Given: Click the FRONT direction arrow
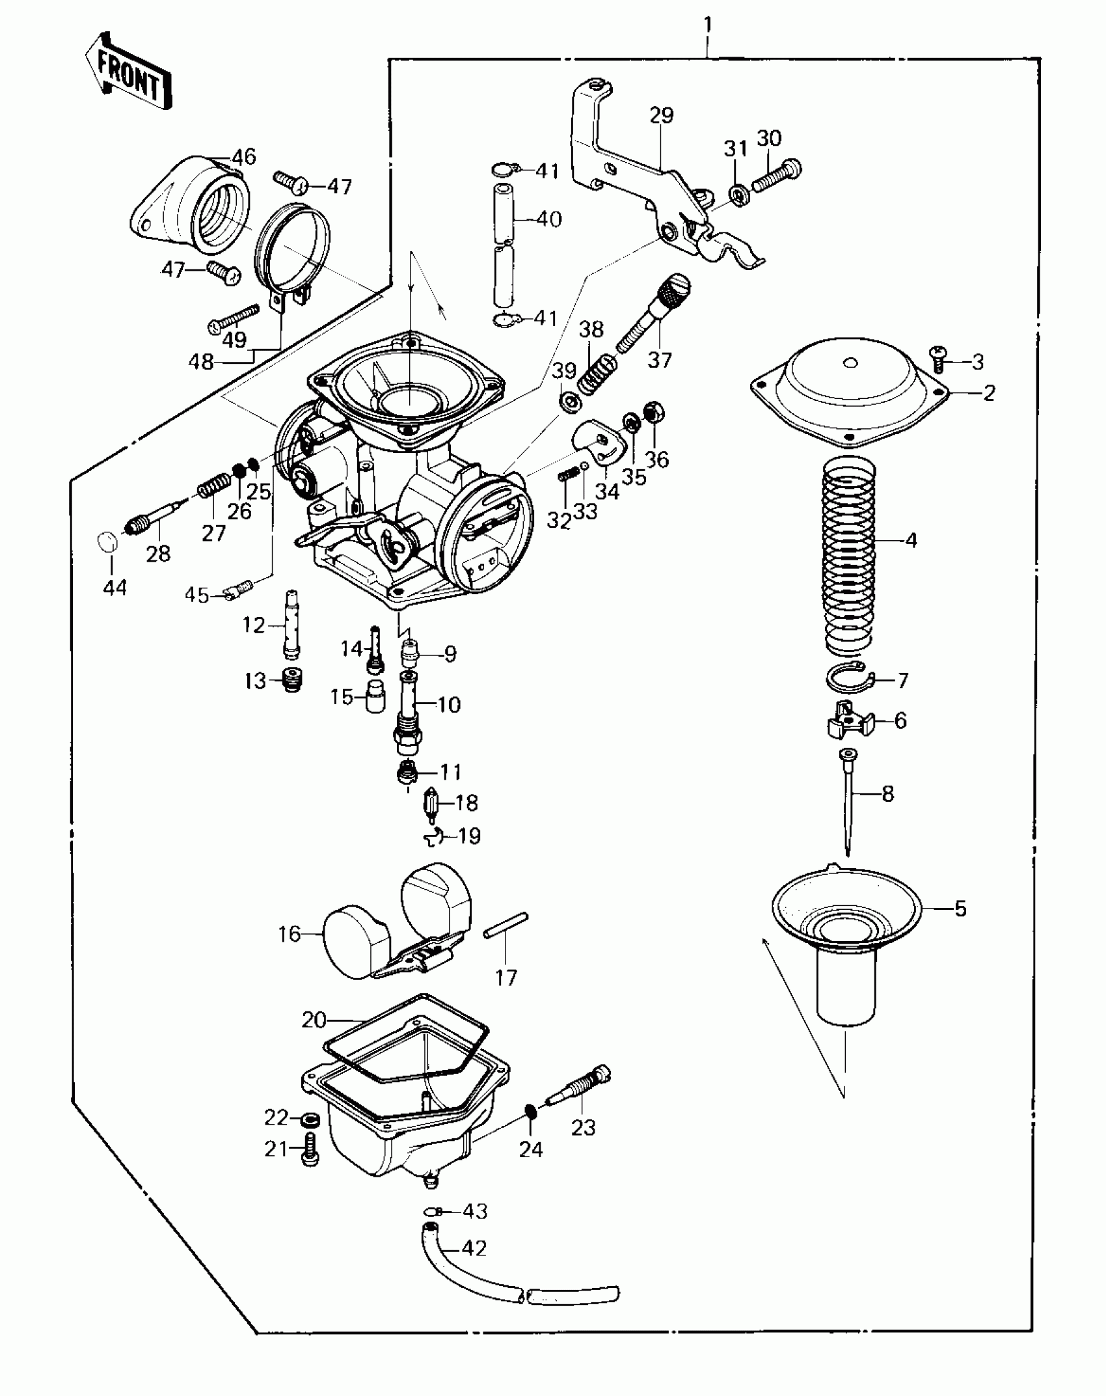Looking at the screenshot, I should [x=129, y=77].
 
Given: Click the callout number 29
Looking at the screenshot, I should [x=661, y=115].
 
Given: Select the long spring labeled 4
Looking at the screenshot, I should [x=848, y=556].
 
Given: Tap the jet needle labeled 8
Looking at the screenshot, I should [x=848, y=801].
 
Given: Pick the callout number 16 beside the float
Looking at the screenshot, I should [x=290, y=934].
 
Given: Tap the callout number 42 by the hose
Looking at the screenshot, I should [x=474, y=1248].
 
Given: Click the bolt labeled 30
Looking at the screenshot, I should [x=777, y=174].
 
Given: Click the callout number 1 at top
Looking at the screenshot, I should [x=708, y=26].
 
